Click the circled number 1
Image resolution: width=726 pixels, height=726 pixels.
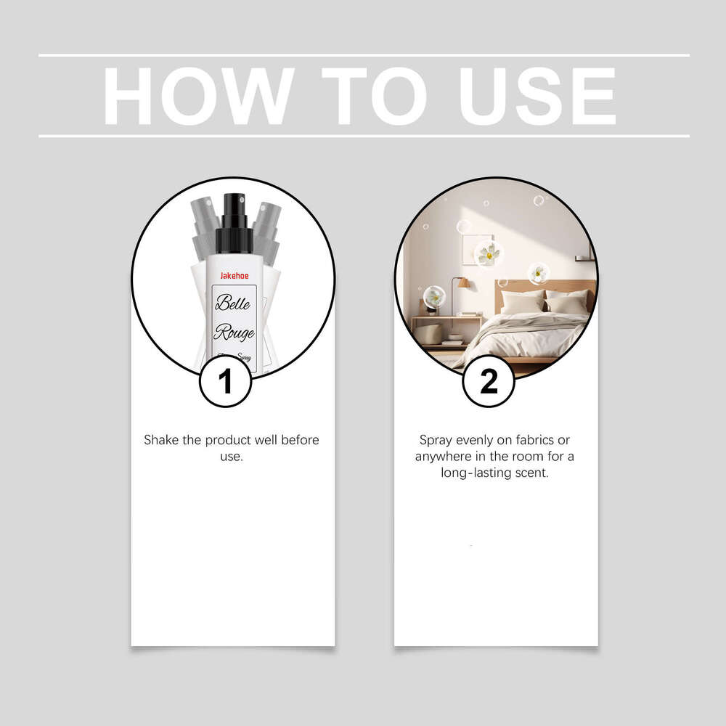(225, 381)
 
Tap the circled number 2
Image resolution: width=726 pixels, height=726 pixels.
(489, 381)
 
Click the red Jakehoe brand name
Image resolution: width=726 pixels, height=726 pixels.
(234, 276)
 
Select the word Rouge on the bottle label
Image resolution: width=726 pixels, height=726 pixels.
(234, 333)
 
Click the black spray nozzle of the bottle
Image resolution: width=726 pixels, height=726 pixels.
(234, 211)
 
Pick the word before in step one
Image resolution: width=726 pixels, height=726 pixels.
(299, 440)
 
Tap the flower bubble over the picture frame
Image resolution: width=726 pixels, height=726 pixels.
(489, 253)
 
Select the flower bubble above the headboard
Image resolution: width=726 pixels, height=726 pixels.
(539, 273)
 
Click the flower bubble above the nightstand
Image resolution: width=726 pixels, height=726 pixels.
(434, 295)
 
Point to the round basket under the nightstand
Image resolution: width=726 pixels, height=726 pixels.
(428, 333)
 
